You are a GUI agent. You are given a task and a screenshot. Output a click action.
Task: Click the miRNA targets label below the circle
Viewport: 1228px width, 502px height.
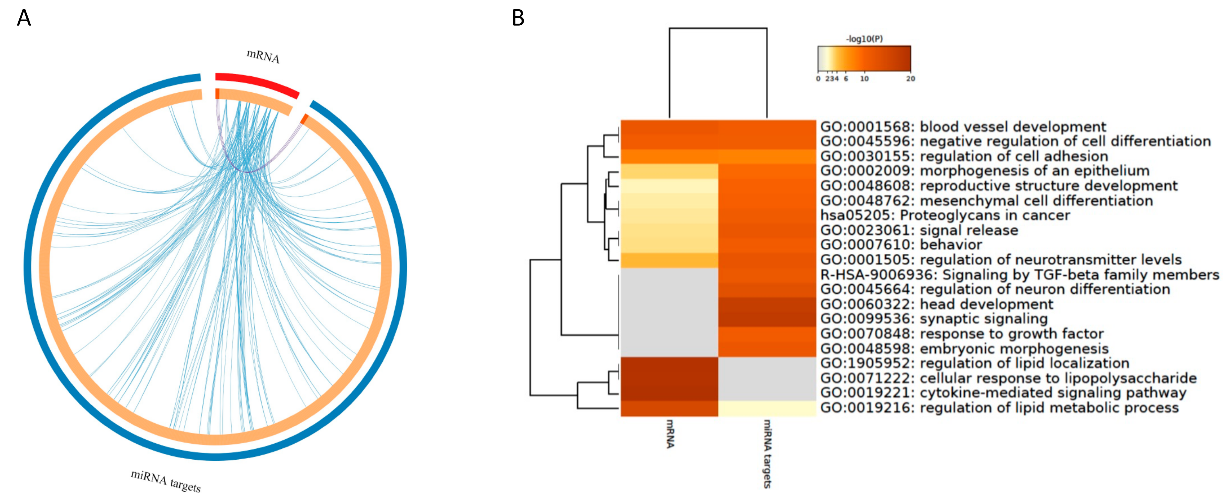coord(165,481)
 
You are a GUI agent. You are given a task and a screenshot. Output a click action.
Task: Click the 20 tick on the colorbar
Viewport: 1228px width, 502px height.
coord(910,79)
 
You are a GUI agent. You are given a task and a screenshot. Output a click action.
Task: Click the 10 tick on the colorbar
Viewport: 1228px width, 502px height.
coord(864,79)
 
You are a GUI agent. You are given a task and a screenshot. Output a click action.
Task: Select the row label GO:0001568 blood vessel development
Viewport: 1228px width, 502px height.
coord(963,127)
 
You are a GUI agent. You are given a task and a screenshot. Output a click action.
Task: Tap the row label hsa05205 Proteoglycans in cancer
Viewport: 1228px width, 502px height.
coord(945,215)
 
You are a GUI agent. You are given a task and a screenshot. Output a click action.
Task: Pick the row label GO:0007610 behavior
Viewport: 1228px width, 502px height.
coord(901,245)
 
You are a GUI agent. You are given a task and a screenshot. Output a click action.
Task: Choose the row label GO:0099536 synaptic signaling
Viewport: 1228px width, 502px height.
coord(933,319)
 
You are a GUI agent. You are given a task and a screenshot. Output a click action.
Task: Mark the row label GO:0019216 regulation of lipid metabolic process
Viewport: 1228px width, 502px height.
coord(999,408)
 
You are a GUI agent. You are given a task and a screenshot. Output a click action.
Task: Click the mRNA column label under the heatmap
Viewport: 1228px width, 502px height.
coord(670,433)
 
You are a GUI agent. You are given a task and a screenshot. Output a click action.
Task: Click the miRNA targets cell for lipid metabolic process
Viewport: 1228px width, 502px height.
coord(767,408)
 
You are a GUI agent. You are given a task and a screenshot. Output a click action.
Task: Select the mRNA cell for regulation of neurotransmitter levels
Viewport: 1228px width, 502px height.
coord(669,260)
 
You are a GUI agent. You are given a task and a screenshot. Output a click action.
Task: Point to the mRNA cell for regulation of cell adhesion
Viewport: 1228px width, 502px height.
coord(669,156)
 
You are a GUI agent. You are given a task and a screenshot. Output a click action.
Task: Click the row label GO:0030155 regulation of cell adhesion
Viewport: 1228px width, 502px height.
coord(964,156)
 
